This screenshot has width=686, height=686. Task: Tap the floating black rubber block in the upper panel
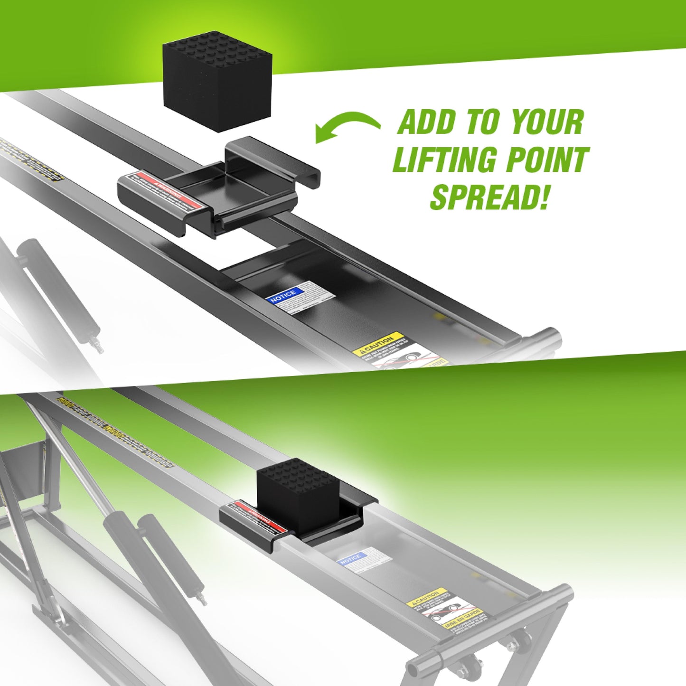coord(217,81)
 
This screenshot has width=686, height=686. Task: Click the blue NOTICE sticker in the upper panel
coord(283,295)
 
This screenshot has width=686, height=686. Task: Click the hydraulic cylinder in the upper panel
coord(57,285)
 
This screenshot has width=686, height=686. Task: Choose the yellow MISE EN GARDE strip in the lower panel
coord(463,619)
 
